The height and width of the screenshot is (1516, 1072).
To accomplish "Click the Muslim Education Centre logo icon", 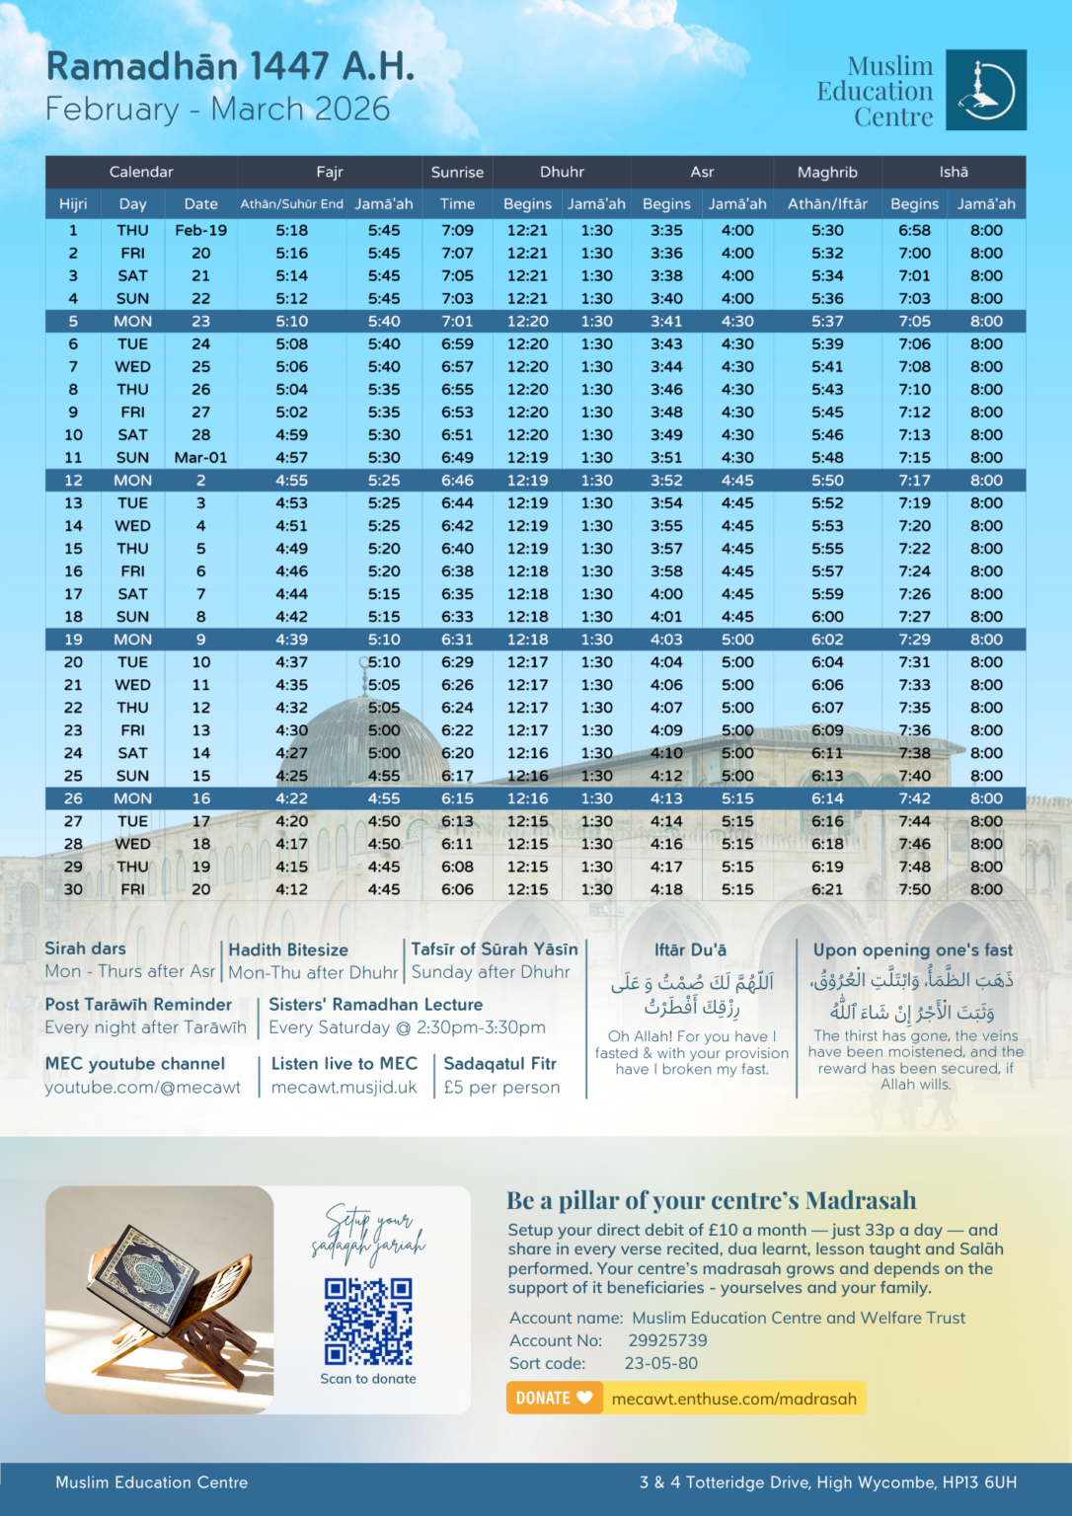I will [985, 90].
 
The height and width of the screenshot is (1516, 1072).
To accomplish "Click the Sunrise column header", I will [457, 172].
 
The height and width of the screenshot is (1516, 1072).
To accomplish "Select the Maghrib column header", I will [827, 172].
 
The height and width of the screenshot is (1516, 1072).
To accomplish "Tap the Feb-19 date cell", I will [200, 230].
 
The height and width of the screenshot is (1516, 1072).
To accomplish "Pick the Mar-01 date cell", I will [200, 457].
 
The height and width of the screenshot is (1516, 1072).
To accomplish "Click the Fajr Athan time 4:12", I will [291, 889].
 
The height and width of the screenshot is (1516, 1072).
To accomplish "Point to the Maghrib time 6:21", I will [827, 889].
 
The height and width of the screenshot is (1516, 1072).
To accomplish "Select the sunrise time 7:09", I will [457, 230].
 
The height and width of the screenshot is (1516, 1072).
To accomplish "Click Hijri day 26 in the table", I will [73, 798].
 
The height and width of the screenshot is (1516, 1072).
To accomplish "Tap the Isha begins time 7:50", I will [914, 889].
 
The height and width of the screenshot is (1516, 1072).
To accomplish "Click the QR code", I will [368, 1322].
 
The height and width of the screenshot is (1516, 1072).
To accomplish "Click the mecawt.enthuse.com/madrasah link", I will [733, 1399].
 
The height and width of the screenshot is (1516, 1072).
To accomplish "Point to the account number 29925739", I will [667, 1340].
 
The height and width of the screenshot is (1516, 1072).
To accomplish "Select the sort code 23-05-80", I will [660, 1363].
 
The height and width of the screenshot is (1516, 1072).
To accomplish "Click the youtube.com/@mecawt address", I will [142, 1087].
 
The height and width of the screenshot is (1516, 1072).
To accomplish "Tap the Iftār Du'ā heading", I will [690, 949].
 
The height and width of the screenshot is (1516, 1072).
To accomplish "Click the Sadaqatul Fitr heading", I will [499, 1063].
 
